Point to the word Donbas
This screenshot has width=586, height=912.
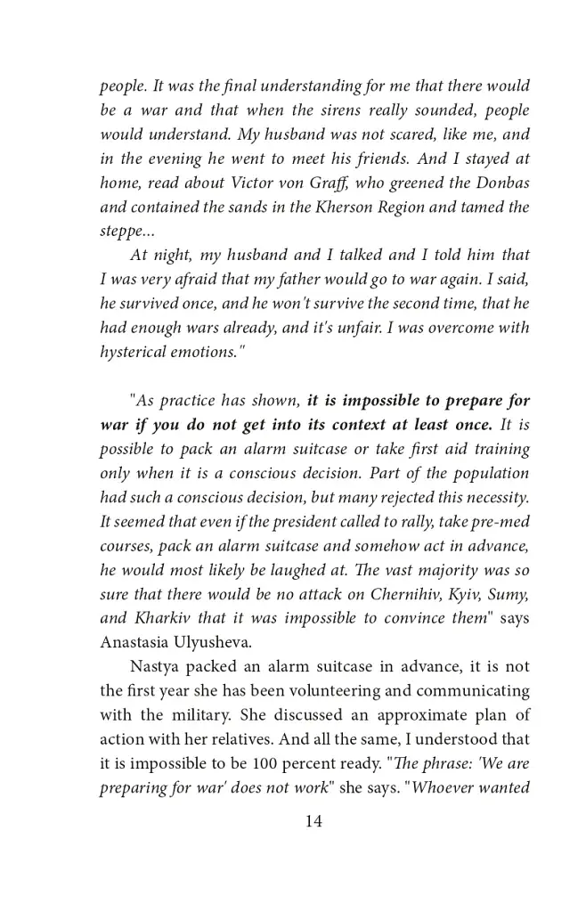[503, 183]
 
